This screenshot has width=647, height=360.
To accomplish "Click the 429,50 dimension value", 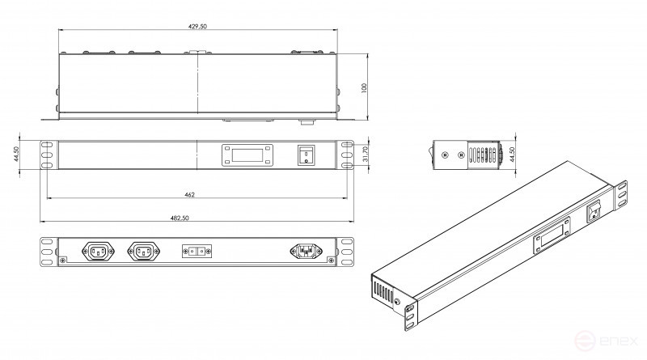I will tap(197, 27).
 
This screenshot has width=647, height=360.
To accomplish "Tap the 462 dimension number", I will tap(189, 194).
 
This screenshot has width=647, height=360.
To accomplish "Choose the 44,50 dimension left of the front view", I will tap(15, 155).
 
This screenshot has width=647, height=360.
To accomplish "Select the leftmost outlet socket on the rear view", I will tap(97, 252).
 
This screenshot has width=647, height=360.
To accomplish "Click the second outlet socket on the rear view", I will tap(143, 252).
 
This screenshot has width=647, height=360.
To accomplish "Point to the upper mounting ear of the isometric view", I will tap(624, 193).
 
